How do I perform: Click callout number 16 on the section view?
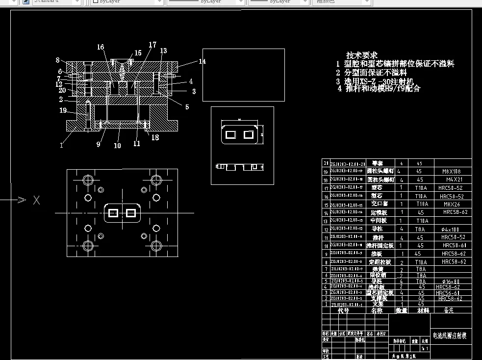[x=101, y=47]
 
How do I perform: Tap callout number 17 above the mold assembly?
[x=152, y=45]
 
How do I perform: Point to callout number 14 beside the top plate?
[x=203, y=62]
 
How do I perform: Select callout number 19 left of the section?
[x=63, y=110]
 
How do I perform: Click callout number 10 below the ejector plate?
[x=117, y=146]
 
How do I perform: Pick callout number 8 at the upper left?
[x=57, y=60]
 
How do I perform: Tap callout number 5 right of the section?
[x=187, y=107]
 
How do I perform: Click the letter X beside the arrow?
[x=36, y=200]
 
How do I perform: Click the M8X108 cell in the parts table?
[x=452, y=172]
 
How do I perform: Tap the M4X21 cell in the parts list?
[x=452, y=180]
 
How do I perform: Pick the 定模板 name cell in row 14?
[x=379, y=213]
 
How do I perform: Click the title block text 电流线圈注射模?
[x=449, y=336]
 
